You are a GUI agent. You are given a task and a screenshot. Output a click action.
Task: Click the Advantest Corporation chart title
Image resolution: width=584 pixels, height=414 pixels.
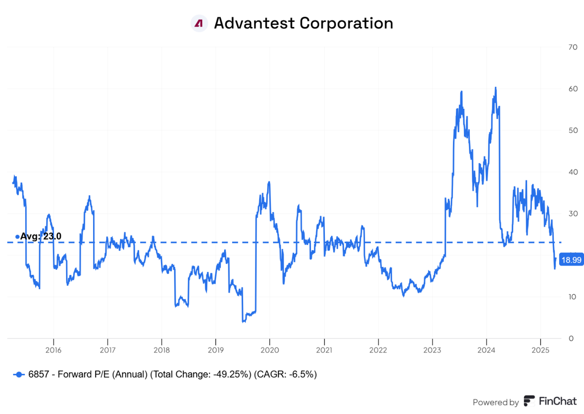click(x=303, y=23)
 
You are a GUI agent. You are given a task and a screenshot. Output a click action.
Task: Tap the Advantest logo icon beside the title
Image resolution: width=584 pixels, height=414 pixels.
click(x=199, y=24)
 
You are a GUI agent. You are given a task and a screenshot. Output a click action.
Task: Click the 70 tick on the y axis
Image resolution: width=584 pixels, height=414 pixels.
click(x=573, y=47)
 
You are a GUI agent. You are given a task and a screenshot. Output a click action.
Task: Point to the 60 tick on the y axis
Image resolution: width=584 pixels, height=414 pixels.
click(x=573, y=89)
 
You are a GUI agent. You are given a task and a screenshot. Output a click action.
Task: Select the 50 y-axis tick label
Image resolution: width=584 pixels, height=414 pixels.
click(x=573, y=131)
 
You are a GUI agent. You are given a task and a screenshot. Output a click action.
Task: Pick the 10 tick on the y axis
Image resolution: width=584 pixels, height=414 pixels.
click(x=572, y=297)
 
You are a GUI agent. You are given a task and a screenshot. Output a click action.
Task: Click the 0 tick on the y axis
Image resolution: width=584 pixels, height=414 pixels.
click(x=571, y=339)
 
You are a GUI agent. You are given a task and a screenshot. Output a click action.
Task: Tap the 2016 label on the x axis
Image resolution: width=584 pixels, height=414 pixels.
click(x=54, y=350)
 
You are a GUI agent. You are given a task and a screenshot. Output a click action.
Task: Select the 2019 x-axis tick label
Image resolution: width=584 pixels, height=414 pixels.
click(x=216, y=350)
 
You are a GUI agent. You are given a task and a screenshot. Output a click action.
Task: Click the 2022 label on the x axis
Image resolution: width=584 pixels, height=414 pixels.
click(x=378, y=350)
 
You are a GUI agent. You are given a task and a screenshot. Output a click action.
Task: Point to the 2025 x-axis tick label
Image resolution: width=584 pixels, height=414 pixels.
click(x=540, y=350)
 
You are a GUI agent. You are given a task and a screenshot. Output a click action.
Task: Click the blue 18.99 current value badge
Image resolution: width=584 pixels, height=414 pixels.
click(x=571, y=260)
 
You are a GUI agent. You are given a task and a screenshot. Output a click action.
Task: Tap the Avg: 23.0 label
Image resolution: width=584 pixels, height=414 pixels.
click(x=40, y=236)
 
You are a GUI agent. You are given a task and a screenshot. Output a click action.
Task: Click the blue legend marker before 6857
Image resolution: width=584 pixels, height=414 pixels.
click(x=19, y=374)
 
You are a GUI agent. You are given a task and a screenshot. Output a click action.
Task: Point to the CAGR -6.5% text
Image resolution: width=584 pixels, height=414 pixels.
click(x=285, y=374)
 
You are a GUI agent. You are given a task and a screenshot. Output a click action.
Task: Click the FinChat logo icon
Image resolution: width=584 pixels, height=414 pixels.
click(x=529, y=401)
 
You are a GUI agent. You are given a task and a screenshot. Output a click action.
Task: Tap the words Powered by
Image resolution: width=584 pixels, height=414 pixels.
click(x=496, y=402)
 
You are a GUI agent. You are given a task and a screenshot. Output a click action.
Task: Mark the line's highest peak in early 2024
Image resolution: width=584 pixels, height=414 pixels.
click(x=496, y=88)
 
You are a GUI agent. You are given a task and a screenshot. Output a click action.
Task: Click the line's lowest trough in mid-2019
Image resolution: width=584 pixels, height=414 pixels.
click(x=243, y=322)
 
